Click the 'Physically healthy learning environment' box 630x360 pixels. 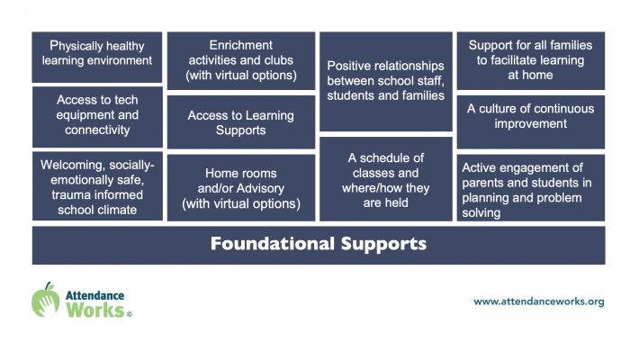tap(97, 57)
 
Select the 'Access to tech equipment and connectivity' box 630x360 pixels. tap(97, 117)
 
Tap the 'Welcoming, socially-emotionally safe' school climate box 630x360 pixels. tap(97, 186)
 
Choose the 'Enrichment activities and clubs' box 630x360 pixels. tap(241, 60)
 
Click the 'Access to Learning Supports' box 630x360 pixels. tap(241, 122)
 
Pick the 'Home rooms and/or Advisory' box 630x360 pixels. tap(241, 187)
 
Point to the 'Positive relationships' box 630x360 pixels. tap(386, 82)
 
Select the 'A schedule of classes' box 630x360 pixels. tap(386, 179)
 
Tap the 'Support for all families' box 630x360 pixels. tap(530, 60)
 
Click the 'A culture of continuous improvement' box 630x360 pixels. tap(530, 122)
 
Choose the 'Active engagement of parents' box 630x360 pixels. tap(530, 187)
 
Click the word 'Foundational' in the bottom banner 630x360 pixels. tap(273, 244)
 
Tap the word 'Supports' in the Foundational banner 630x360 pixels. tap(383, 244)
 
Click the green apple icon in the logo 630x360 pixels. tap(45, 300)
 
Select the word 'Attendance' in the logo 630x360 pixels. tap(94, 296)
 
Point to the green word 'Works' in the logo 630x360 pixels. tap(95, 310)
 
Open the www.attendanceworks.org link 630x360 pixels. tap(539, 301)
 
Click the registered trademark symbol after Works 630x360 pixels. tap(130, 314)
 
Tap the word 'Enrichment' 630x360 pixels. tap(241, 45)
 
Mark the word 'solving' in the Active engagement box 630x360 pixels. tap(481, 213)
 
